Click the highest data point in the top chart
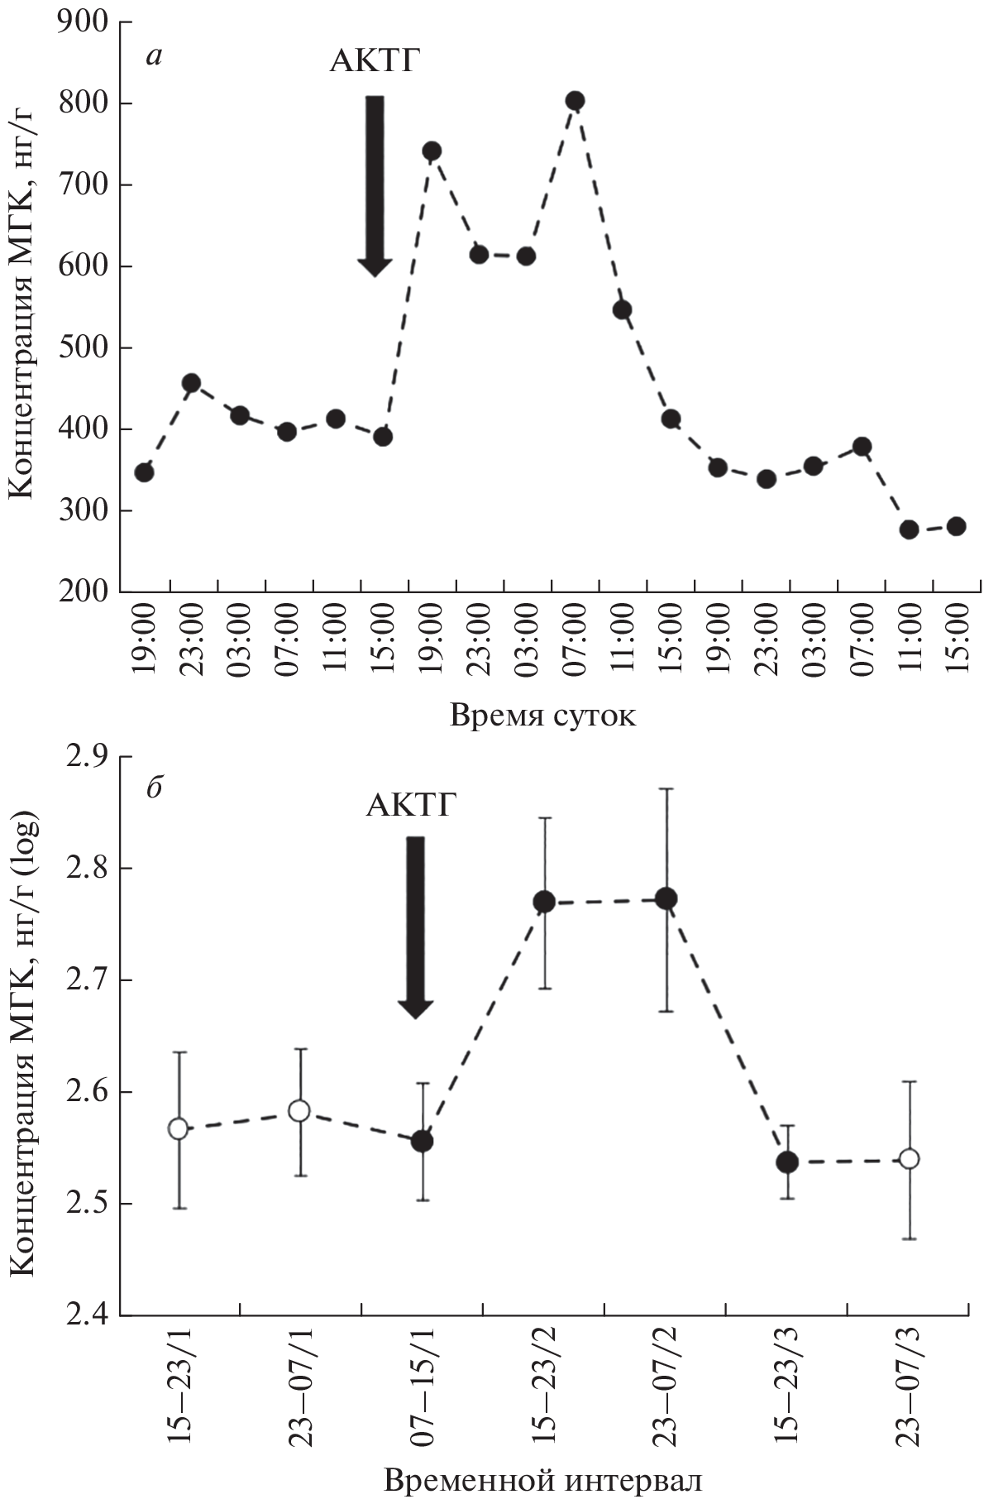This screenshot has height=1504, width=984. (x=575, y=101)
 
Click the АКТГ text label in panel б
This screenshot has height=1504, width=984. (x=411, y=803)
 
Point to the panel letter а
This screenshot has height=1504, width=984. (x=154, y=56)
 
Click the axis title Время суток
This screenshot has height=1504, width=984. (x=542, y=714)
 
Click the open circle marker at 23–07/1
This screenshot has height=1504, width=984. (x=299, y=1110)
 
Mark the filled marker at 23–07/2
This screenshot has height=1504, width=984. (x=666, y=898)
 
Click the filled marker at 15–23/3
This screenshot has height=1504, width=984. (x=787, y=1162)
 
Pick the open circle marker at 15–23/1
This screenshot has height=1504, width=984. (x=178, y=1129)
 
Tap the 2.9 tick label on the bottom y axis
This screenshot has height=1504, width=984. (x=90, y=757)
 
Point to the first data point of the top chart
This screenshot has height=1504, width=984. (x=144, y=472)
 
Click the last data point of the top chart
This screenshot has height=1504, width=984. (x=956, y=526)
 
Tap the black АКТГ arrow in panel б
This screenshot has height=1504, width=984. (x=415, y=927)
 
